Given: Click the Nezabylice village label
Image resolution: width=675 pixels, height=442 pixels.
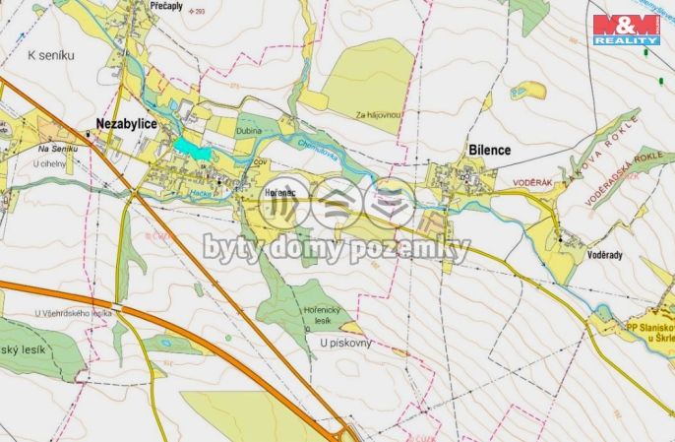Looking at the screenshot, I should click(127, 123).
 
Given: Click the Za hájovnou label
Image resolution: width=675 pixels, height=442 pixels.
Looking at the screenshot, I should click(380, 115).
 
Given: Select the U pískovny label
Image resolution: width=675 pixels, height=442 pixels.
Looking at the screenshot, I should click(345, 342).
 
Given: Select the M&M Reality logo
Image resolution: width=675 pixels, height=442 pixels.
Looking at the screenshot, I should click(625, 29).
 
